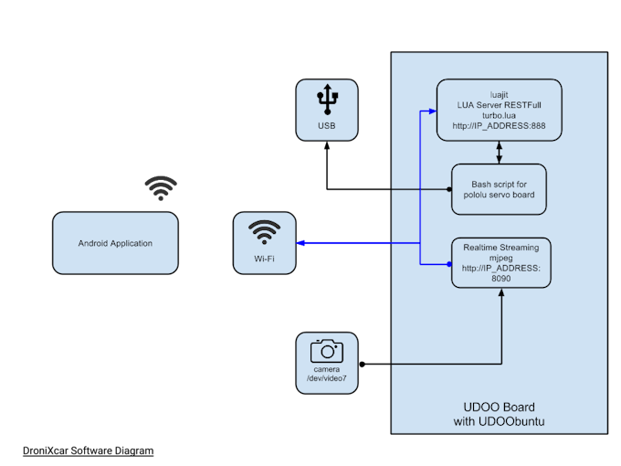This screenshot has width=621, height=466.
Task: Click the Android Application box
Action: pyautogui.click(x=114, y=243)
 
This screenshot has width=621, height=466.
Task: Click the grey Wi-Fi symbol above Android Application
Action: pyautogui.click(x=162, y=188)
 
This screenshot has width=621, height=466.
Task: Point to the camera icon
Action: pyautogui.click(x=326, y=350)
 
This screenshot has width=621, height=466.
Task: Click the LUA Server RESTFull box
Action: pyautogui.click(x=499, y=110)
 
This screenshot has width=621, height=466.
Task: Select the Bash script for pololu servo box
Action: pyautogui.click(x=499, y=189)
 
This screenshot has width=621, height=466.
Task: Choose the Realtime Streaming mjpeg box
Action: pyautogui.click(x=500, y=262)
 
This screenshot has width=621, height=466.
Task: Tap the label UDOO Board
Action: pyautogui.click(x=500, y=407)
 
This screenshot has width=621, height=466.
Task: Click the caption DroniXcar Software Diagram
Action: pyautogui.click(x=88, y=451)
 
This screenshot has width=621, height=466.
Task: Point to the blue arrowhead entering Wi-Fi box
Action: pyautogui.click(x=304, y=243)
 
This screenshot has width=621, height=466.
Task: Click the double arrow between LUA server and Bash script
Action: pyautogui.click(x=499, y=153)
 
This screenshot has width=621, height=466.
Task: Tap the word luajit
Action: pyautogui.click(x=499, y=91)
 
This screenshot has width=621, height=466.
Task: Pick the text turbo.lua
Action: pyautogui.click(x=499, y=115)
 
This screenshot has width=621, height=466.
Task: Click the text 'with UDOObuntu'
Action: pyautogui.click(x=500, y=421)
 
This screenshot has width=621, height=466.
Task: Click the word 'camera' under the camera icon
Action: pyautogui.click(x=326, y=368)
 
